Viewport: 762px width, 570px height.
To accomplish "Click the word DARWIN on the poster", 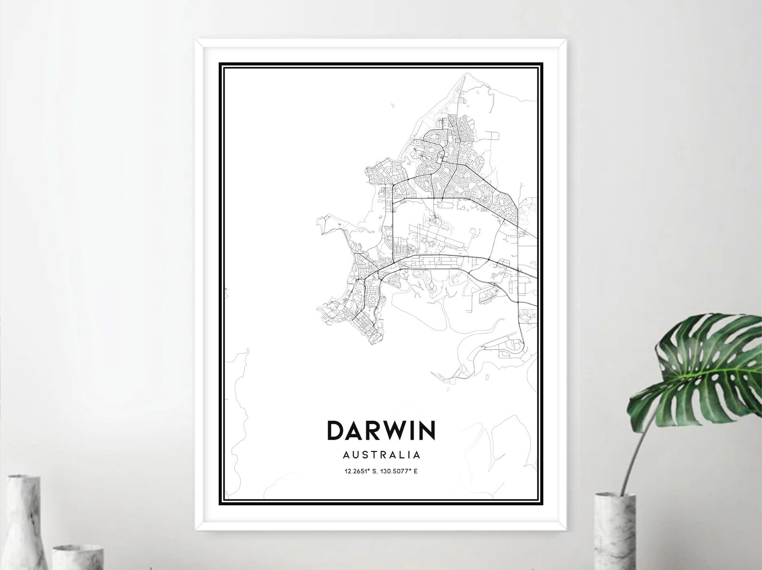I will point(381,430).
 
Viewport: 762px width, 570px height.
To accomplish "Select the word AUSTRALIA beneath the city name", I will point(381,454).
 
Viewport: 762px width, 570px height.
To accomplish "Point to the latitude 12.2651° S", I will point(362,471).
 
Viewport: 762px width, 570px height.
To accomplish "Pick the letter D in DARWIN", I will point(335,430).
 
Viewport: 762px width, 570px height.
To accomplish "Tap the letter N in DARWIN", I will point(426,430).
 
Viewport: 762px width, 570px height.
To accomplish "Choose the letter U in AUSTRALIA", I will point(352,454).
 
